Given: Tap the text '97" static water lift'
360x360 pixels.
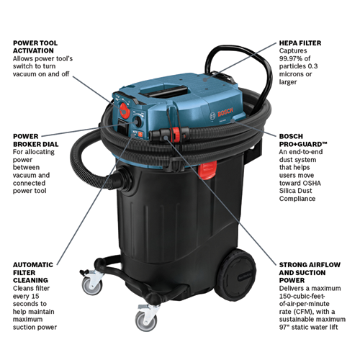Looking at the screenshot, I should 312,328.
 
